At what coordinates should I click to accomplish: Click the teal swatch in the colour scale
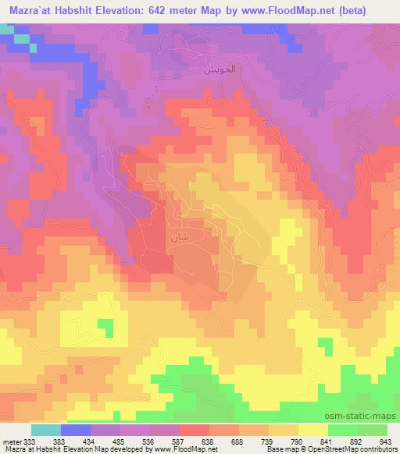[46, 430]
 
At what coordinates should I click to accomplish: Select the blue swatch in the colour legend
[76, 430]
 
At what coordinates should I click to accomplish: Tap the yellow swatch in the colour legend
[312, 430]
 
